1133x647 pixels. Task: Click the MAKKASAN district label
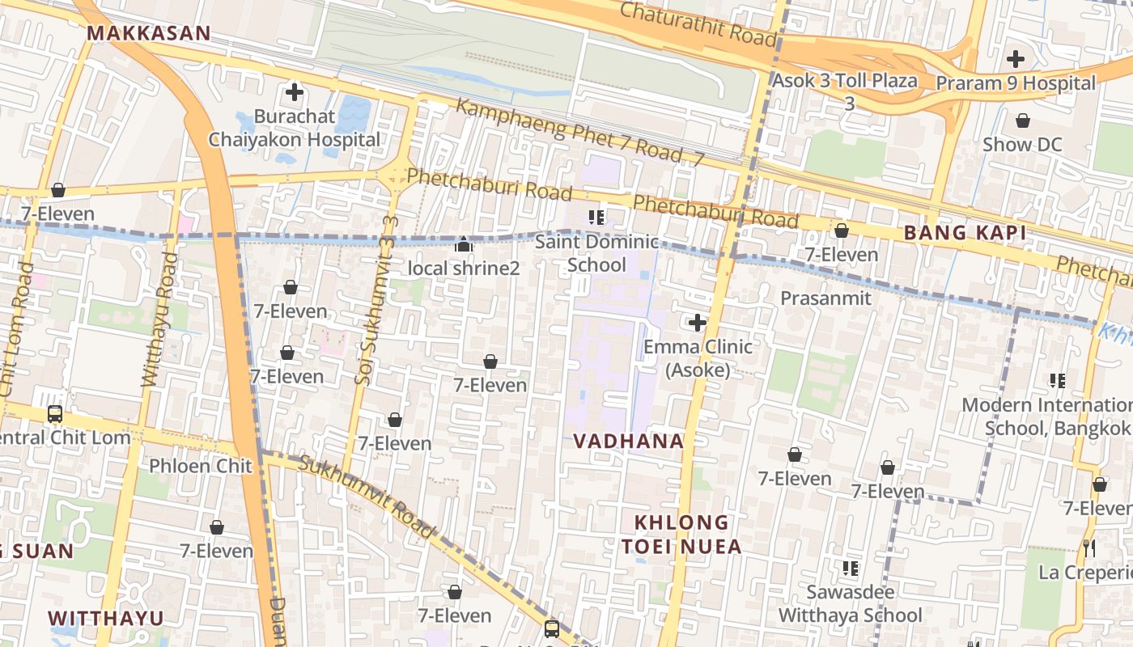pos(148,33)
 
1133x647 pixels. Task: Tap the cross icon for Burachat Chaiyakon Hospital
pos(295,92)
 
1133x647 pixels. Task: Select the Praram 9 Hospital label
pos(1016,83)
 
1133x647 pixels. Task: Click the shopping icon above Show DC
pos(1023,121)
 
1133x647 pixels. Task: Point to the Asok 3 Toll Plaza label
pos(845,81)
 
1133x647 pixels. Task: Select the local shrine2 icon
pos(464,244)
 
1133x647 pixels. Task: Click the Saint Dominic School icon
pos(597,217)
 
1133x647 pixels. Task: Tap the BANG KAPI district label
pos(965,233)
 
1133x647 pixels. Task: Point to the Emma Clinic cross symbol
pos(697,323)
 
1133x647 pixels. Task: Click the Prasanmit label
pos(825,298)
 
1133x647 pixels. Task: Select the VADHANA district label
pos(629,441)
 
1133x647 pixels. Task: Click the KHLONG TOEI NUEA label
pos(681,535)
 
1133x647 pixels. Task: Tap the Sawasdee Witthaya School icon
pos(850,569)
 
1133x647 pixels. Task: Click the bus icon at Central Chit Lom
pos(55,414)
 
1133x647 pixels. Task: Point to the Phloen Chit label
pos(201,466)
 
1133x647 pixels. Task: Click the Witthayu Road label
pos(159,319)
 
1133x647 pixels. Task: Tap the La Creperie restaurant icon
pos(1089,548)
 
